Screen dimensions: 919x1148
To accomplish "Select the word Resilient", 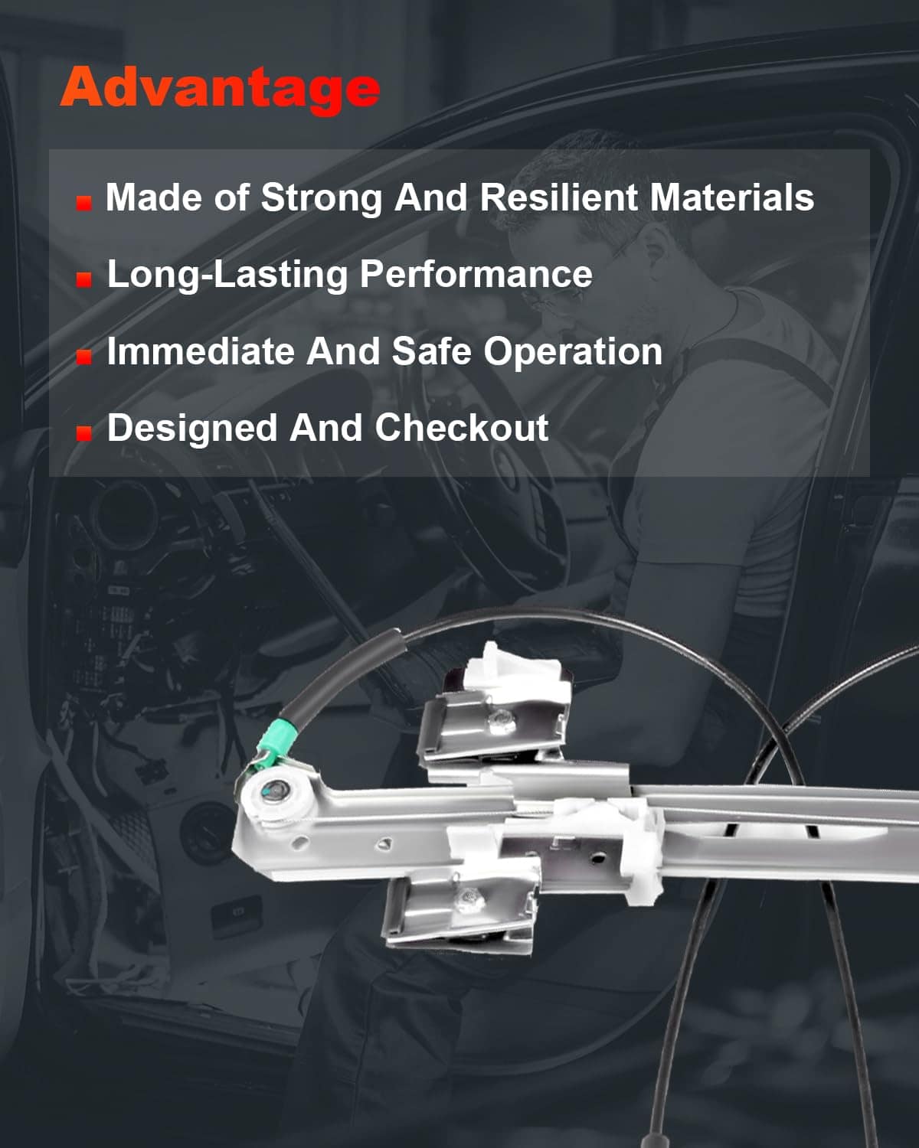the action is coord(558,197).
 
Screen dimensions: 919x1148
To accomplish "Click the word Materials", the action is coord(732,197).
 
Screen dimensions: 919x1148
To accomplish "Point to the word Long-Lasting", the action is coord(227,276).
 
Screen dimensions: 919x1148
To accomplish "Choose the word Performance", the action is coord(476,274).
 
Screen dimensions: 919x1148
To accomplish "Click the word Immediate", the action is coord(201,351).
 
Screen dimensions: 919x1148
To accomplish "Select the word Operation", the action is coord(573,353).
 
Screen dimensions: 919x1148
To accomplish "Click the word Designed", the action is coord(192,429).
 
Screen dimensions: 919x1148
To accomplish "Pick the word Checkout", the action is coord(461,428).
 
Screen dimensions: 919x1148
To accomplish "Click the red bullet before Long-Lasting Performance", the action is coord(83,279).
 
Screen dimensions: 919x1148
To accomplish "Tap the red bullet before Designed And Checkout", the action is coord(83,433).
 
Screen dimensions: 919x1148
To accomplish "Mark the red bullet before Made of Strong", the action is coord(83,203).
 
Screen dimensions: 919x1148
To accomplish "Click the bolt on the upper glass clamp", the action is coord(502,722).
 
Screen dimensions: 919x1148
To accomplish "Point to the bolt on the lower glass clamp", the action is coord(469,899).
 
